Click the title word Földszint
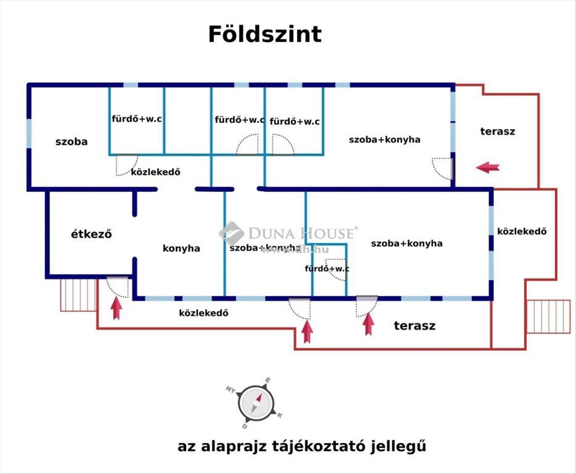click(265, 35)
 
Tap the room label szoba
click(72, 142)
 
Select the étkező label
click(91, 234)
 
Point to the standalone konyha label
click(181, 248)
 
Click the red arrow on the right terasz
click(488, 167)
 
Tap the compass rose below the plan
click(255, 404)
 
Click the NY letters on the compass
click(231, 389)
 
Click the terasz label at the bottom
click(415, 326)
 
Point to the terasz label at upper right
click(498, 132)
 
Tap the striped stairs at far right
click(549, 316)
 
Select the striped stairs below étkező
click(79, 295)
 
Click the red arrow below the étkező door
click(116, 308)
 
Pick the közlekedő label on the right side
click(522, 231)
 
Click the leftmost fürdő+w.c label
click(136, 119)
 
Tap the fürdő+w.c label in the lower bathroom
click(327, 268)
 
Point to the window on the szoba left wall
click(29, 134)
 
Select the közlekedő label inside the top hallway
click(156, 172)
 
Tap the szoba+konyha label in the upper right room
click(384, 140)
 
